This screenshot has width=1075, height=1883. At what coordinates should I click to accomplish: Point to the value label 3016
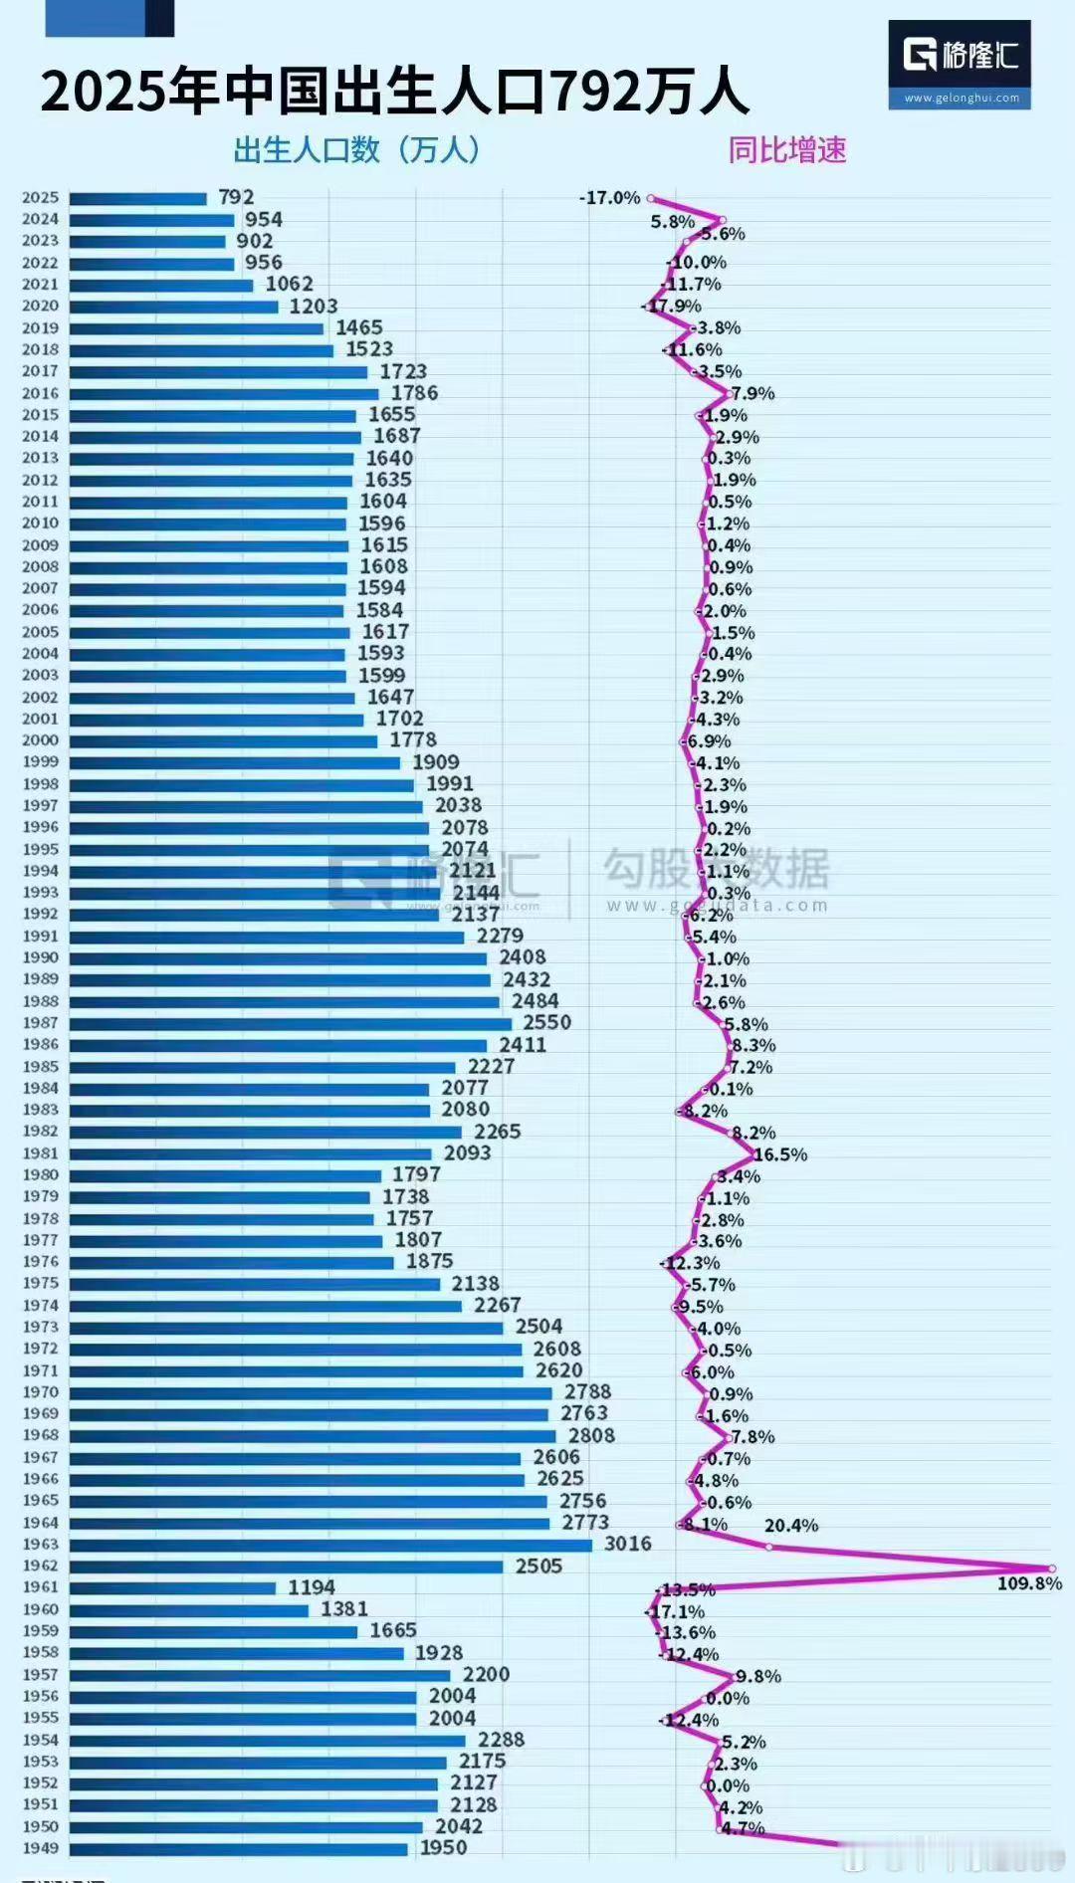pos(627,1544)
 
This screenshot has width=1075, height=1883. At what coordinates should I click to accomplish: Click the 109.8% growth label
pos(1029,1583)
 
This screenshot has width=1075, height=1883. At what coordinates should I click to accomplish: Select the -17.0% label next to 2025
pos(609,198)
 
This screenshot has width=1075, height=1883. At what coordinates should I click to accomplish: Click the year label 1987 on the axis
pos(41,1023)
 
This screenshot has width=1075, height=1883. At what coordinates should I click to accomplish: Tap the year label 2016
pos(41,393)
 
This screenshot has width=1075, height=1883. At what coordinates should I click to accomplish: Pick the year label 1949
pos(41,1848)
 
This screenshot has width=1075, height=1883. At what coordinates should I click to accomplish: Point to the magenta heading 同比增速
pos(786,150)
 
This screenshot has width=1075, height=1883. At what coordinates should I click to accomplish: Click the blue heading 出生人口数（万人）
pos(358,150)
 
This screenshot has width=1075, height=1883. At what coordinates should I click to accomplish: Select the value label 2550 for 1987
pos(546,1023)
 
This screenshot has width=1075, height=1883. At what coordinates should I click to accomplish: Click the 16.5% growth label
pos(780,1154)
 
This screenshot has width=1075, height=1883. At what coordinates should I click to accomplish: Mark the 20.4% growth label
pos(791,1526)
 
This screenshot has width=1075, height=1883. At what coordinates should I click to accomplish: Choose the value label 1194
pos(311,1587)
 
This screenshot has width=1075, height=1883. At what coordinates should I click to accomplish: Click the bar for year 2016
pos(224,394)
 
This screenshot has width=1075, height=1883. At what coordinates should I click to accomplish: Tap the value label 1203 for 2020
pos(314,307)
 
